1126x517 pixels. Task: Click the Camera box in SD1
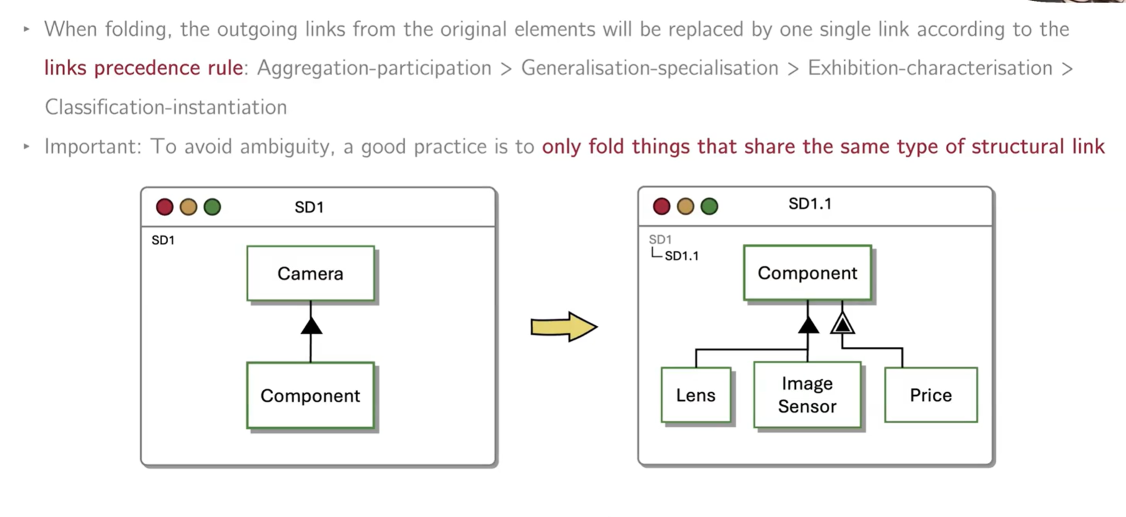point(310,274)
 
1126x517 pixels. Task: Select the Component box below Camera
point(310,395)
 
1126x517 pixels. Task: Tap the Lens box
point(695,395)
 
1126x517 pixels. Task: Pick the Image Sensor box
point(807,395)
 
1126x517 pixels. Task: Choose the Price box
point(930,395)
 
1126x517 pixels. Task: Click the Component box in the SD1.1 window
point(807,273)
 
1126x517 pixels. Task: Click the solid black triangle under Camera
point(311,326)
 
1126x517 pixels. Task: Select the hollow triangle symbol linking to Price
point(842,323)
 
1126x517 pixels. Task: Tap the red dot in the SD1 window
point(164,207)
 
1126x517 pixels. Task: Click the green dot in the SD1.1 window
point(709,206)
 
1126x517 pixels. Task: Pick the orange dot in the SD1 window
point(188,207)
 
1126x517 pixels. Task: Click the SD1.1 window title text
point(809,204)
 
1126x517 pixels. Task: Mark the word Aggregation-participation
point(374,68)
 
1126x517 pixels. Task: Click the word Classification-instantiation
point(166,107)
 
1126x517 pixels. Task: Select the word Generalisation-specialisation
point(649,68)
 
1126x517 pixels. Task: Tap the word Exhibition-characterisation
point(930,68)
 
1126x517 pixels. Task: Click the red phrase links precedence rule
point(143,68)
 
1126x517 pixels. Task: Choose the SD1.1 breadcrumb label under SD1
point(681,256)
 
